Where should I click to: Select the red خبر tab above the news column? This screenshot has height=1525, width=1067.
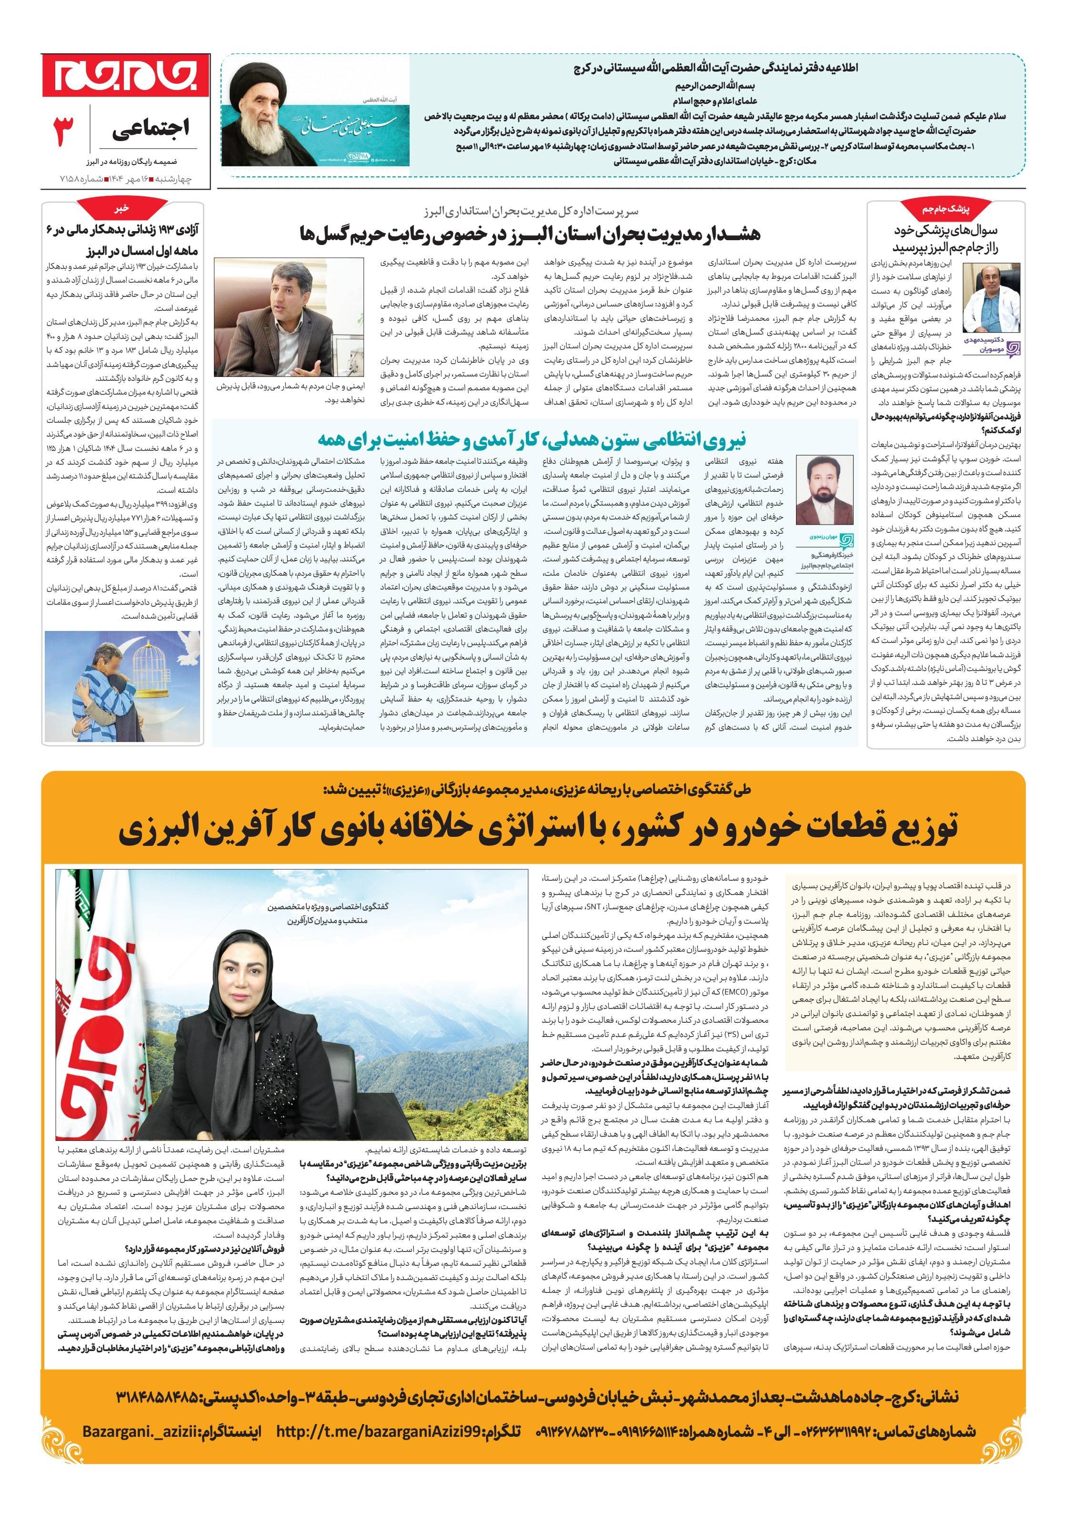121,208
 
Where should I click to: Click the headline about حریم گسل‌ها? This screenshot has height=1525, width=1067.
531,233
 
